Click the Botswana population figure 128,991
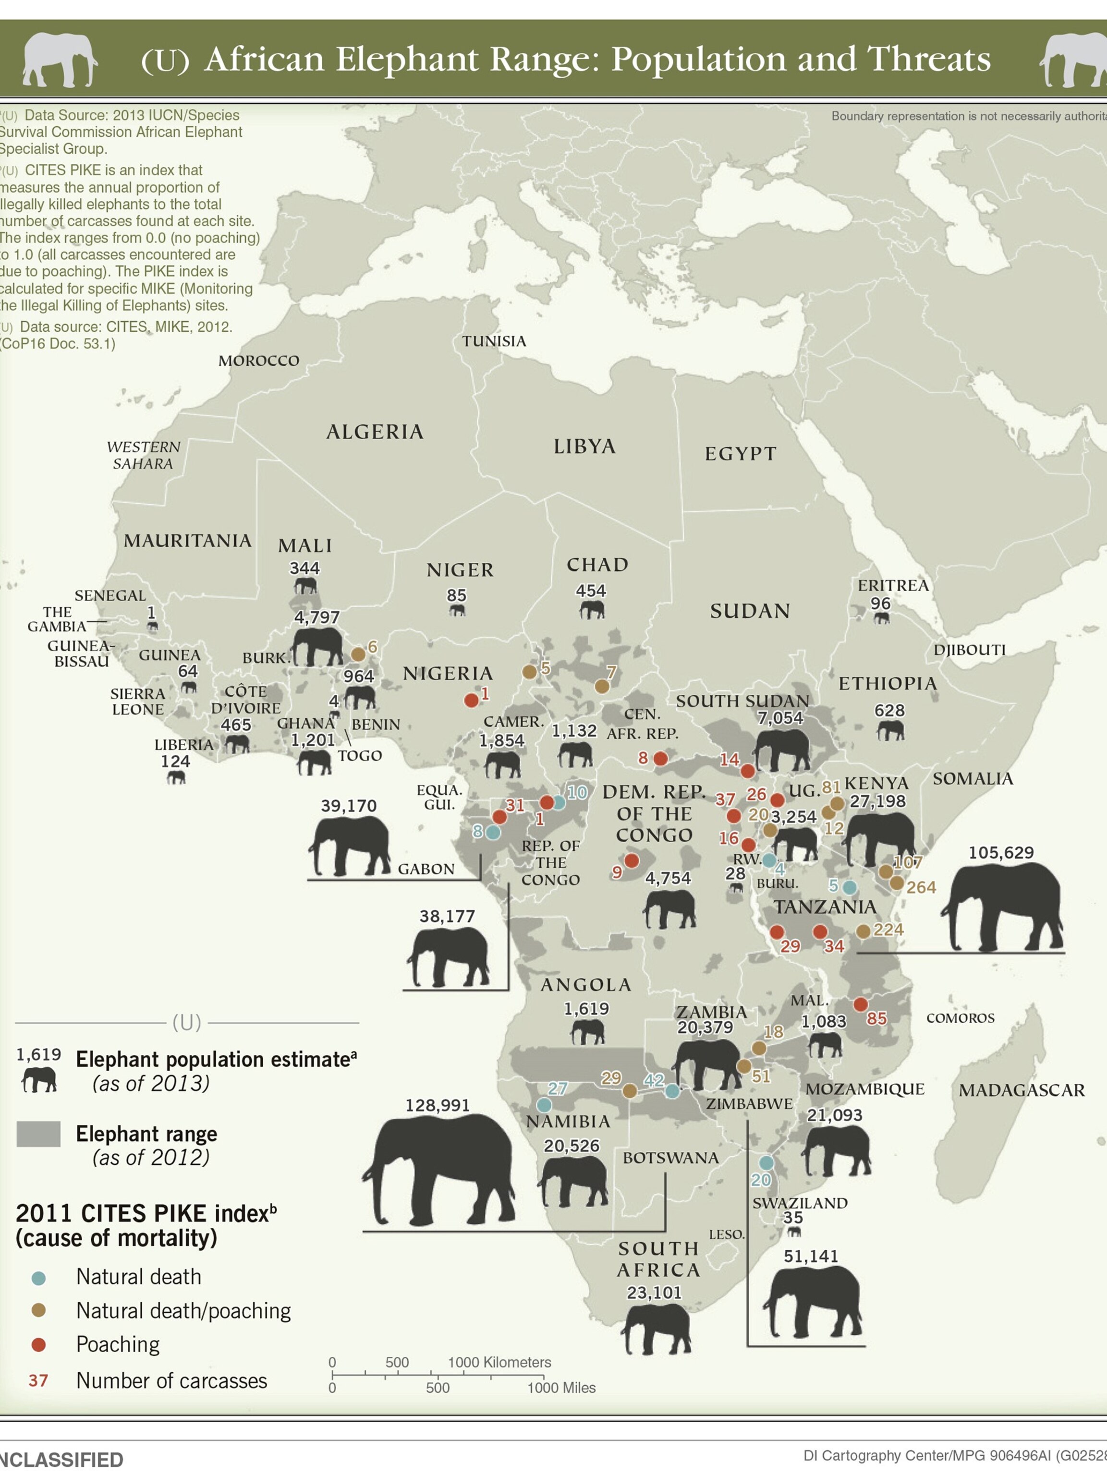tap(438, 1105)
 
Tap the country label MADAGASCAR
tap(1021, 1090)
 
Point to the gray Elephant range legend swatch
tap(39, 1134)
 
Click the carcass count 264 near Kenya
tap(921, 887)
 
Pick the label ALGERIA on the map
tap(375, 432)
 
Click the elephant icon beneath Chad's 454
tap(592, 609)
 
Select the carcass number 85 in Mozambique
tap(876, 1018)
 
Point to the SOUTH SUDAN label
tap(742, 701)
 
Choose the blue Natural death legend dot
tap(39, 1278)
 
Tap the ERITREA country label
tap(893, 585)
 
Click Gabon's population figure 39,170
tap(349, 806)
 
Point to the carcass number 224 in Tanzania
tap(888, 930)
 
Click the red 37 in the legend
tap(38, 1380)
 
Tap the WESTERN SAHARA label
tap(144, 455)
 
